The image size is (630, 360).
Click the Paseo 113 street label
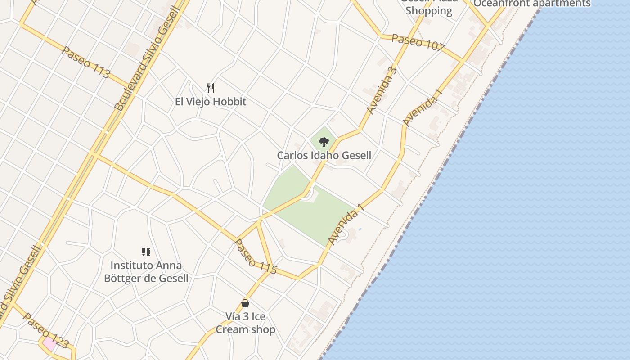(x=86, y=62)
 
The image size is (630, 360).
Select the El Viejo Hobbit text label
(x=211, y=102)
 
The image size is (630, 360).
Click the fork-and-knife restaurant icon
(x=210, y=88)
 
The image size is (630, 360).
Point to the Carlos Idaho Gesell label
(x=324, y=156)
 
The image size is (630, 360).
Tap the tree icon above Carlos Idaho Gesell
(x=324, y=143)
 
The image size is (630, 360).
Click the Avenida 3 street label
(x=382, y=90)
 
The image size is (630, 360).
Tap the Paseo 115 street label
(x=255, y=256)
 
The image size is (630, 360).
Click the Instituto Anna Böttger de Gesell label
(x=146, y=272)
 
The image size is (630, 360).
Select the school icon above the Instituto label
(x=146, y=252)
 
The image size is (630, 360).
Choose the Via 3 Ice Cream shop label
(x=245, y=323)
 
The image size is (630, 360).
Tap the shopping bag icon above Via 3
(x=245, y=304)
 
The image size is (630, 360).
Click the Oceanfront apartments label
(x=532, y=4)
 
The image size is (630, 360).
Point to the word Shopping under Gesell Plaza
(x=429, y=11)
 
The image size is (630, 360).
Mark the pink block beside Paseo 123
(x=49, y=344)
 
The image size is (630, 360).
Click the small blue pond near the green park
(x=360, y=229)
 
